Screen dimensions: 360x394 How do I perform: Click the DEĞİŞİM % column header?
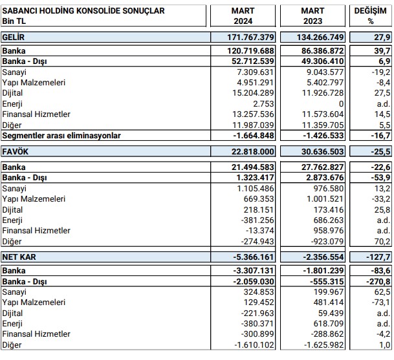[371, 16]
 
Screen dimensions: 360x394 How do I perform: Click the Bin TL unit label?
[15, 22]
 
